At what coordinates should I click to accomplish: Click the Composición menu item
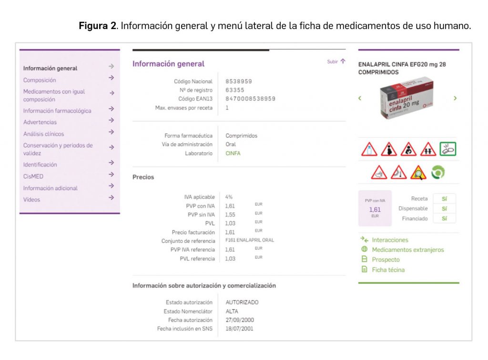pos(40,80)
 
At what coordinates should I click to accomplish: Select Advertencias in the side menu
pos(40,122)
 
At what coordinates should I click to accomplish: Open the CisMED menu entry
pos(33,176)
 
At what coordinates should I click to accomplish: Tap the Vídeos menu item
pos(32,199)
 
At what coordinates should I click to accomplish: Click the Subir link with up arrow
pos(336,62)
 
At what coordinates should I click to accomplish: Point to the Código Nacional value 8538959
pos(239,82)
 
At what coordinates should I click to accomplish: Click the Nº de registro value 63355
pos(234,90)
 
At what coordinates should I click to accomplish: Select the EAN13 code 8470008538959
pos(250,99)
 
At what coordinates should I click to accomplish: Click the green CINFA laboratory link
pos(233,154)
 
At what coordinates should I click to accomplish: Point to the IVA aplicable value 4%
pos(229,197)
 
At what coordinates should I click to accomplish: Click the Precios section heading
pos(143,177)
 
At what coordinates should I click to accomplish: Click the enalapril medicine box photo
pos(407,99)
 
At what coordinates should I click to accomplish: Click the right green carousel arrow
pos(455,98)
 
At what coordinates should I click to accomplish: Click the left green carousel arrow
pos(360,98)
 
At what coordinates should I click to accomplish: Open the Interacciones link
pos(390,240)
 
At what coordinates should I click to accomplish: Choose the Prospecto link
pos(386,259)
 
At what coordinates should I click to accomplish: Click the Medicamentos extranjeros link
pos(407,250)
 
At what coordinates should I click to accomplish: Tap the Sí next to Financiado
pos(444,218)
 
